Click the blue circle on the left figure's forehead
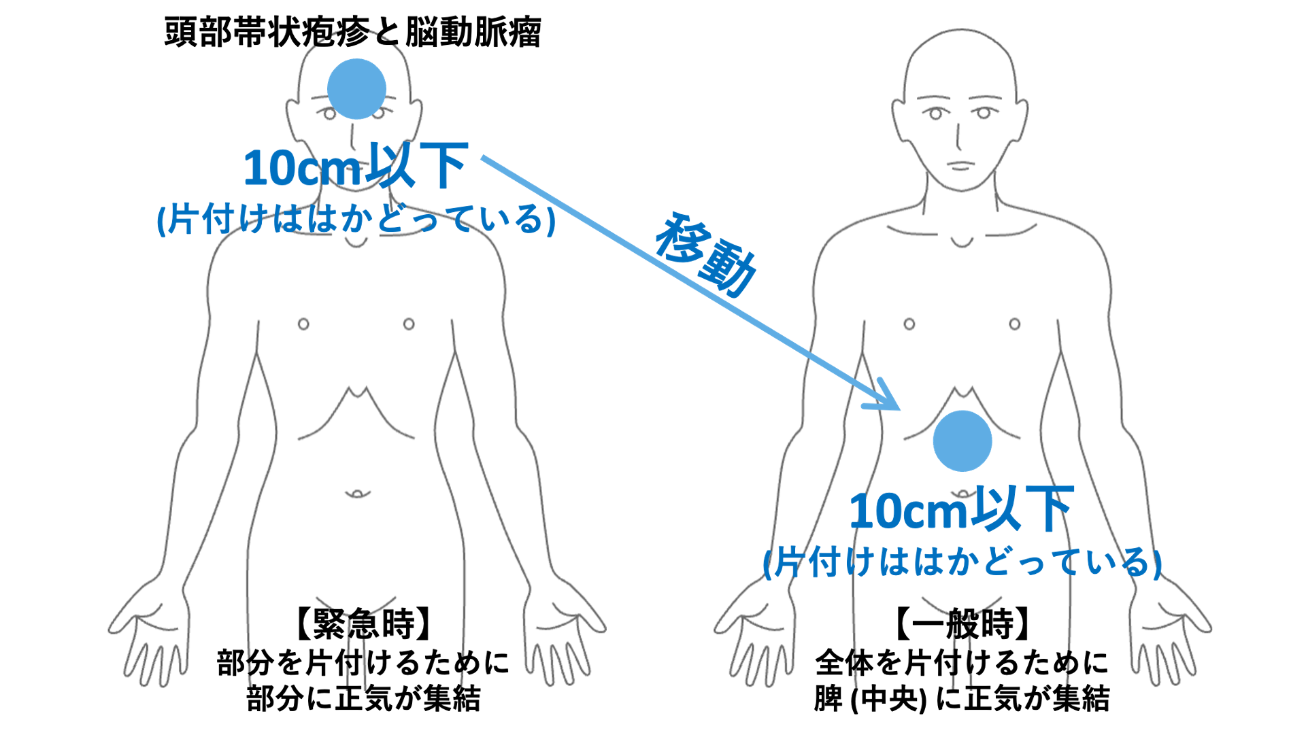[356, 89]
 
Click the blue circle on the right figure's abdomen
[962, 441]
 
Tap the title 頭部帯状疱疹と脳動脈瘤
[352, 32]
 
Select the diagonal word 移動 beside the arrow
[706, 254]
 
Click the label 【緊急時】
[363, 623]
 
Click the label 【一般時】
[962, 623]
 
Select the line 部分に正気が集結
[363, 699]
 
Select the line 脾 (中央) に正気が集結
[962, 699]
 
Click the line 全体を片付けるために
[962, 662]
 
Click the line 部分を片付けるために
[363, 662]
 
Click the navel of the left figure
[357, 493]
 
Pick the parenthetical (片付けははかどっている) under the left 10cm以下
[356, 219]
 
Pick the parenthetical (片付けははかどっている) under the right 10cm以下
[962, 562]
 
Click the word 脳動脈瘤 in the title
[473, 32]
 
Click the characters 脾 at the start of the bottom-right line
[828, 699]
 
